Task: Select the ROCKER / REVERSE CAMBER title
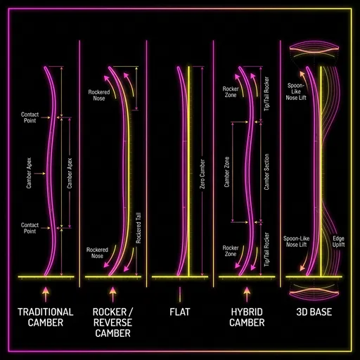point(113,322)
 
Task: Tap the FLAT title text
point(180,311)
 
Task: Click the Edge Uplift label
point(338,242)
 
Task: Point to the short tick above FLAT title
point(180,292)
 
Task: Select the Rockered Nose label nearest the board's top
point(99,96)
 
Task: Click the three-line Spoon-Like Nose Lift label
point(296,92)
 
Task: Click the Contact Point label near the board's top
point(30,117)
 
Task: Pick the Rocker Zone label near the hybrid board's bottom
point(231,252)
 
